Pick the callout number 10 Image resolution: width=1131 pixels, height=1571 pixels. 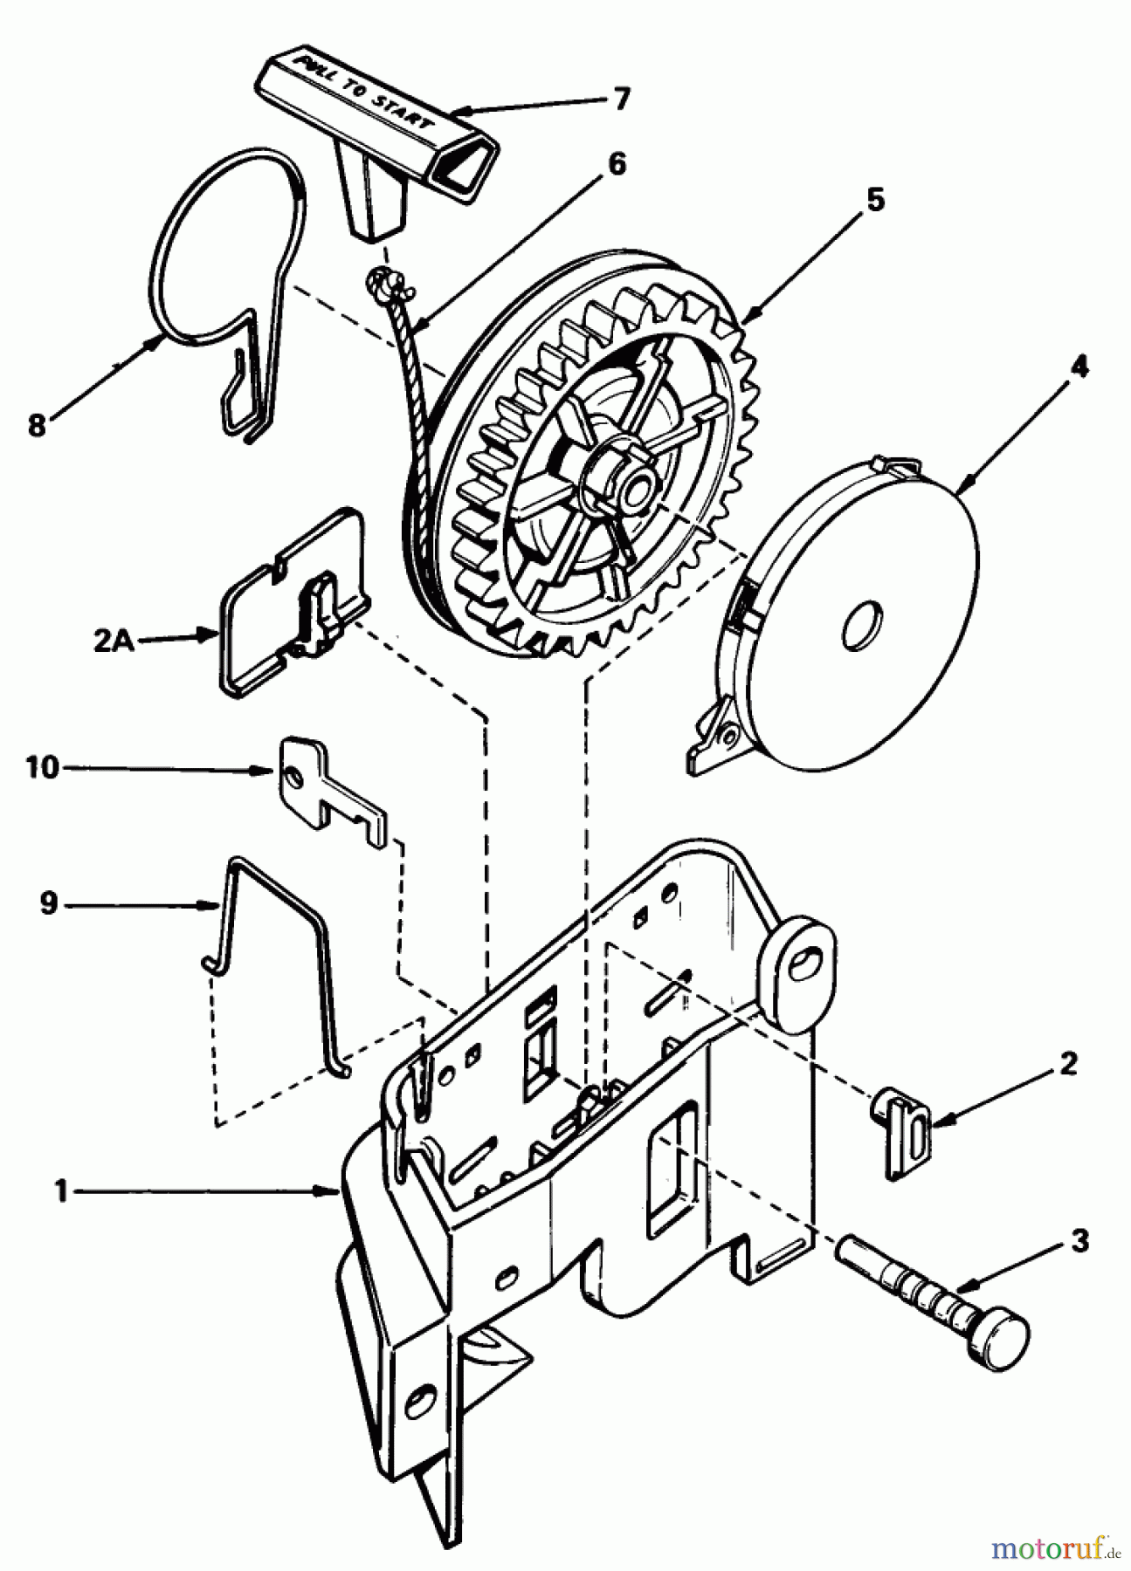pyautogui.click(x=41, y=768)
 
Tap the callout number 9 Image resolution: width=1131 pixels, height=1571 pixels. pyautogui.click(x=48, y=903)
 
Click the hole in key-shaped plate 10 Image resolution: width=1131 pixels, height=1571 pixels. pyautogui.click(x=297, y=774)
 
